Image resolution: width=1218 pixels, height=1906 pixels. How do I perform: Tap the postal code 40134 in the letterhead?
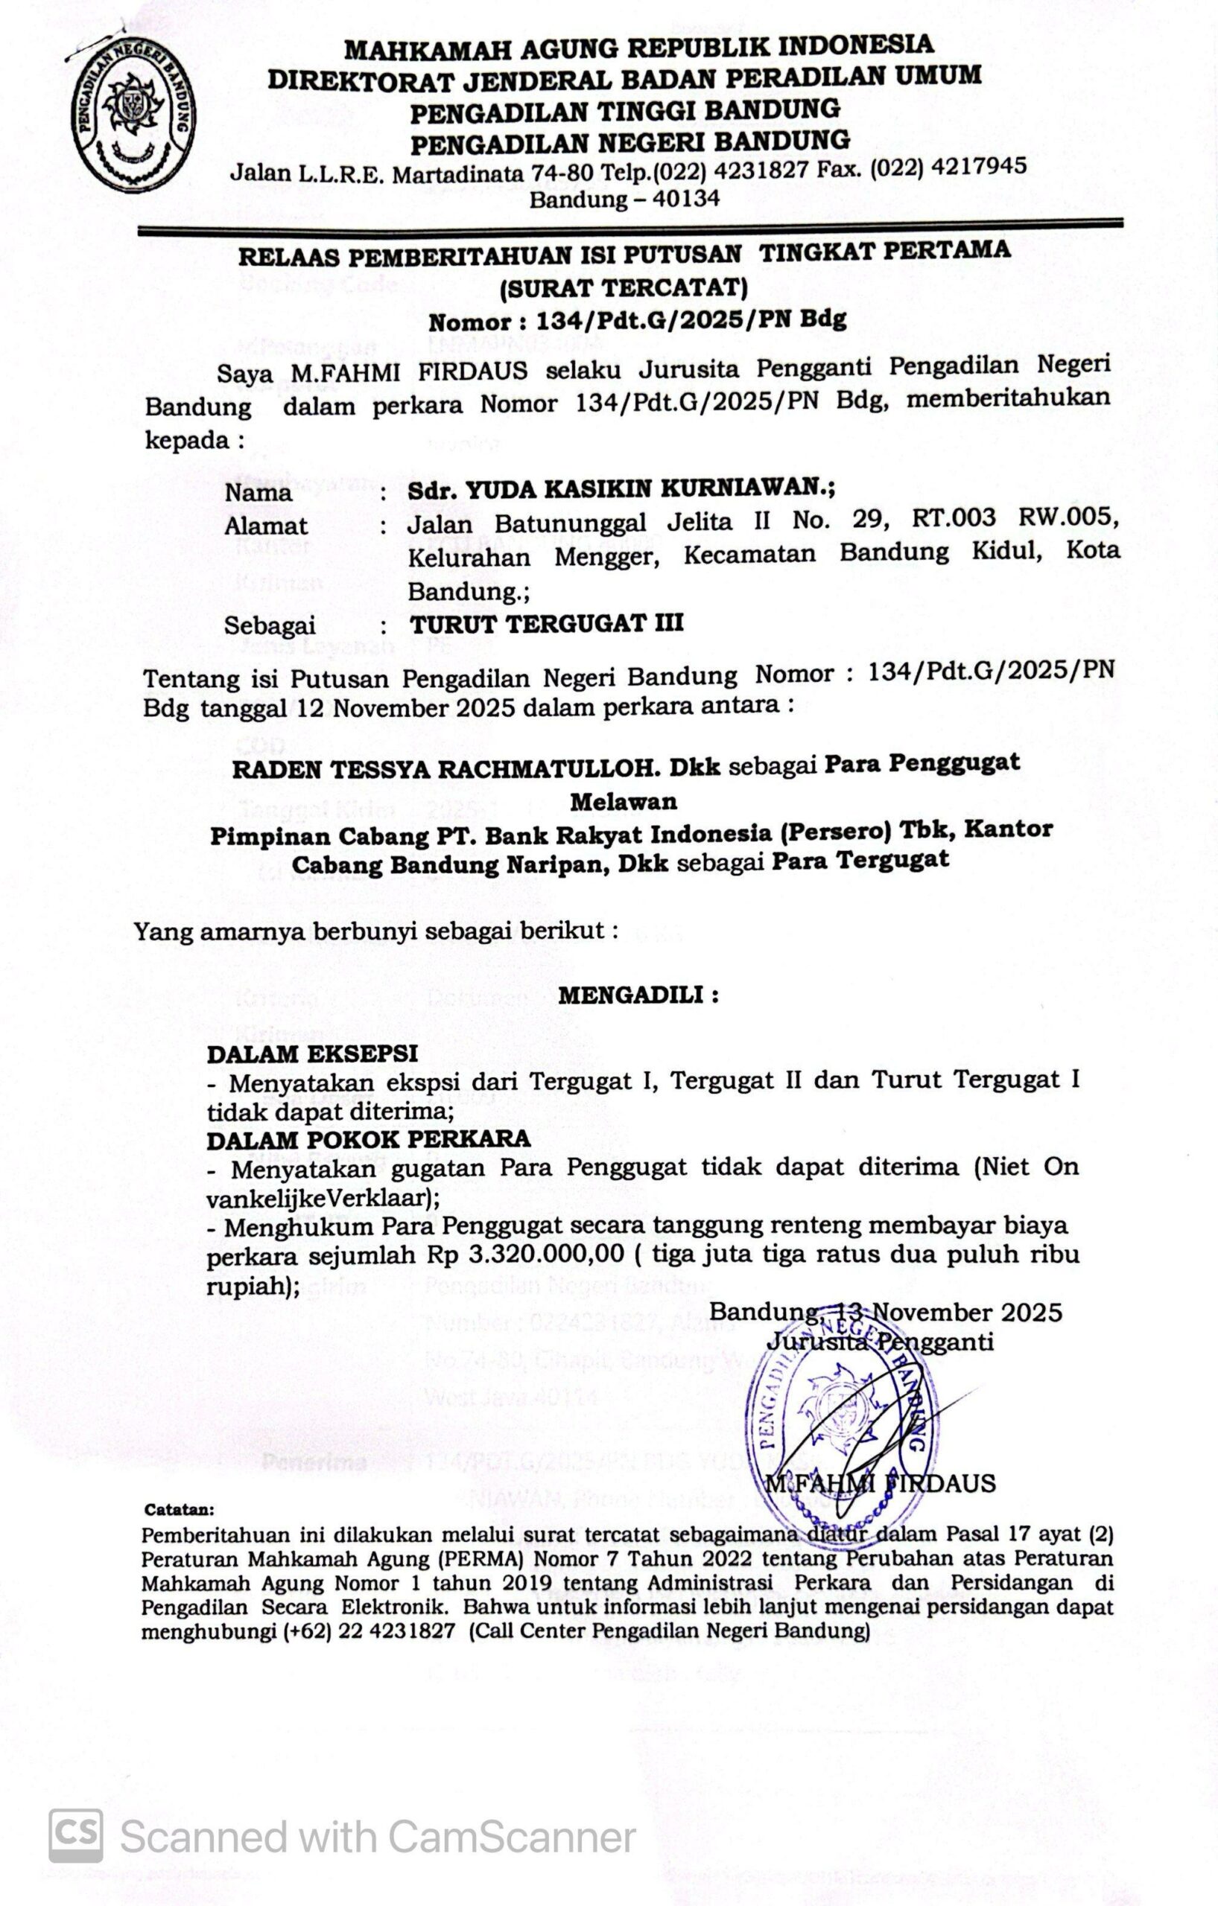685,199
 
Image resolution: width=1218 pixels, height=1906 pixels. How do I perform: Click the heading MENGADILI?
638,995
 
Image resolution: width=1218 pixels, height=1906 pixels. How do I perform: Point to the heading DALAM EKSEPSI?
312,1054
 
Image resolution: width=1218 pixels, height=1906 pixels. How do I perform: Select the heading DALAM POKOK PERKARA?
368,1139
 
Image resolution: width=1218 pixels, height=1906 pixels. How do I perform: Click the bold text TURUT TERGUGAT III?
547,624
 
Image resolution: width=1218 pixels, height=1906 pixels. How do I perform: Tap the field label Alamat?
266,526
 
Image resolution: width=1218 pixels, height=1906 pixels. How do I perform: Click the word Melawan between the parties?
624,801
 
